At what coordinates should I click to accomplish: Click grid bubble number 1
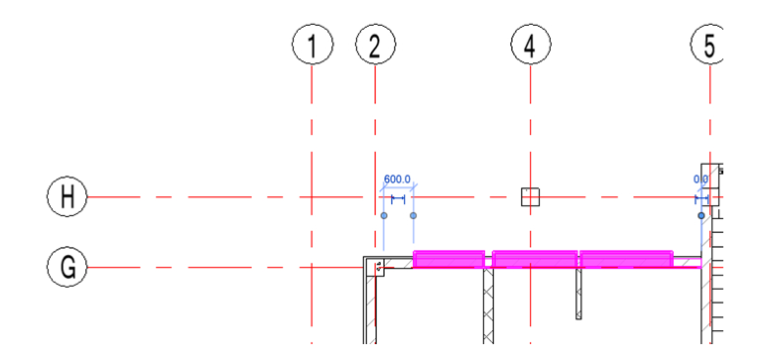coord(314,45)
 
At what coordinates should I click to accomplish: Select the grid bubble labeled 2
coord(375,45)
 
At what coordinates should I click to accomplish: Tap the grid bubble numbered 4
coord(530,45)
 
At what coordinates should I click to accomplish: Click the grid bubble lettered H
coord(67,197)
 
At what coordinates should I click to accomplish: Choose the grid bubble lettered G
coord(67,267)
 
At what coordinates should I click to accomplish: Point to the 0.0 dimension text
coord(700,180)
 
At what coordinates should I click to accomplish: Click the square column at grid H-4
coord(530,197)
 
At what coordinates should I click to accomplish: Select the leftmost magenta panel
coord(449,260)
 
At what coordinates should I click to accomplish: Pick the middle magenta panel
coord(534,260)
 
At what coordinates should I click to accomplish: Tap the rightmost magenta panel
coord(626,260)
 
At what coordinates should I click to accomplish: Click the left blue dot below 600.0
coord(383,215)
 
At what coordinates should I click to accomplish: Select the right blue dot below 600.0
coord(414,215)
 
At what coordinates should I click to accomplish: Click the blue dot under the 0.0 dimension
coord(701,215)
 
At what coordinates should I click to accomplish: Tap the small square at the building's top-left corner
coord(378,267)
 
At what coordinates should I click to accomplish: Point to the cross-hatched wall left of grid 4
coord(488,306)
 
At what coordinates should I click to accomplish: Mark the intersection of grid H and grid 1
coord(314,197)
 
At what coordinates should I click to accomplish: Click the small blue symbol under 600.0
coord(397,198)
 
